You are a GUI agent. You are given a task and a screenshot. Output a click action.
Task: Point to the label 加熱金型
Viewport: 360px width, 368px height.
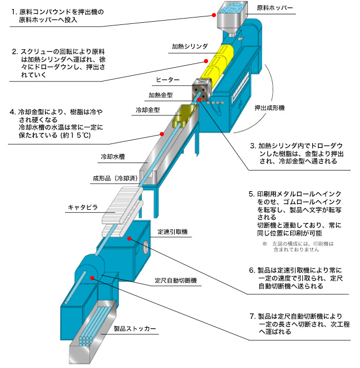coord(161,95)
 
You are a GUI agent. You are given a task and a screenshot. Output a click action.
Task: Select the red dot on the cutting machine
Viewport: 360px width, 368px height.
coord(93,277)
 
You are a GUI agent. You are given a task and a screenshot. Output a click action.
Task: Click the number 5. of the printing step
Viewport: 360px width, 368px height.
coord(252,194)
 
